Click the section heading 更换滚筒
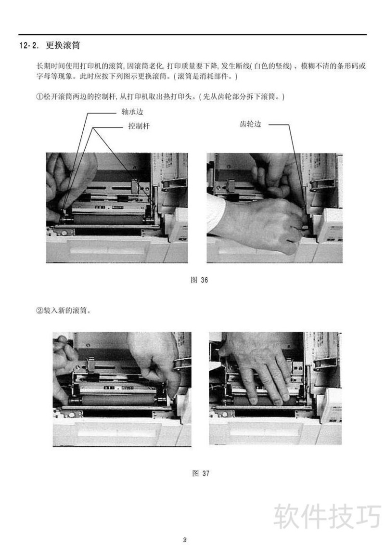(63, 45)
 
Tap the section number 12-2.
(29, 46)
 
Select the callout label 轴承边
(132, 112)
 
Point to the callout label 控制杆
(139, 126)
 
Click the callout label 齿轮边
(250, 124)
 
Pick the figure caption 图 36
(199, 280)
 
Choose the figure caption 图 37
(201, 473)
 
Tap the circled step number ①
(39, 97)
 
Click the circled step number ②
(39, 311)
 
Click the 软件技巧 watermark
(327, 517)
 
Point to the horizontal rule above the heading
(192, 34)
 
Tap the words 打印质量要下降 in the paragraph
(192, 65)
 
